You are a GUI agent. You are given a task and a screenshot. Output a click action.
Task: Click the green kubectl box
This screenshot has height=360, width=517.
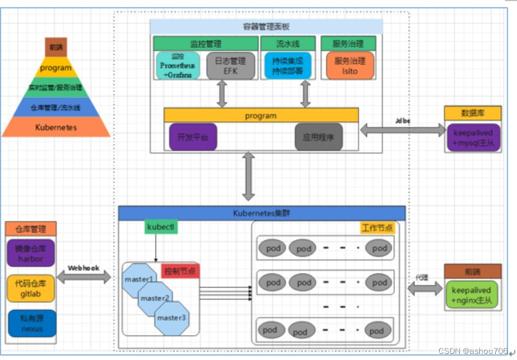tap(161, 227)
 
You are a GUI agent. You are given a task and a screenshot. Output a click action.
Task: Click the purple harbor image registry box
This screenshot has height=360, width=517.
tap(31, 253)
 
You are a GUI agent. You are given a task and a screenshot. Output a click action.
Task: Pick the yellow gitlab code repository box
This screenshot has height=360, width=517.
tap(31, 288)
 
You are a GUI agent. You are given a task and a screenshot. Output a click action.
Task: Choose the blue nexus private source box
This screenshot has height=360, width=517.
tap(31, 323)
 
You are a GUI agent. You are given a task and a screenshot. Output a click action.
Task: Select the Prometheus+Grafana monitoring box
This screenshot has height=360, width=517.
tap(177, 65)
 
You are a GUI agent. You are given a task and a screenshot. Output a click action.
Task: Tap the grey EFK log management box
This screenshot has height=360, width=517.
tap(230, 65)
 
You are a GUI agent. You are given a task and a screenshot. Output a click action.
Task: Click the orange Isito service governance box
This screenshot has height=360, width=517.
tap(349, 65)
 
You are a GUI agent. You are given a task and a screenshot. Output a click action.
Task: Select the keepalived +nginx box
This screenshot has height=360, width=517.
tap(472, 295)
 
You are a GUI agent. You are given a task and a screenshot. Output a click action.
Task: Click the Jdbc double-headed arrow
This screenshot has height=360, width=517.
tap(403, 129)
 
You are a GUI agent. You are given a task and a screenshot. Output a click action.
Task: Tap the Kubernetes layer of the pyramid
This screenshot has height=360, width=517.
tap(56, 127)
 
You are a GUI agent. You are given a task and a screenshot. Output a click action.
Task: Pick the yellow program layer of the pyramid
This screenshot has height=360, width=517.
tap(56, 68)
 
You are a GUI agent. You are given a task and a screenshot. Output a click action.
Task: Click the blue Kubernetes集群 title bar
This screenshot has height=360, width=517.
tap(261, 213)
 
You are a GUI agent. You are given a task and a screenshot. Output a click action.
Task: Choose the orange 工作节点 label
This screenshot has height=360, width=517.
tap(377, 228)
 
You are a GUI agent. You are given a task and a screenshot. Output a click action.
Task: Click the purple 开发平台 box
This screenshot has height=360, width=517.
tap(192, 137)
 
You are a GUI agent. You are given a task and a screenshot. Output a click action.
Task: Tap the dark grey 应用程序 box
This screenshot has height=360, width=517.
tap(318, 137)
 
